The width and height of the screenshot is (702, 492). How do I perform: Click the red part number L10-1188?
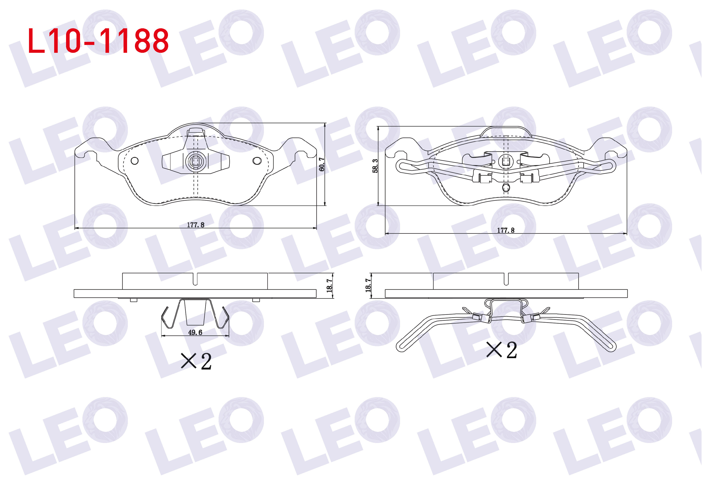tap(98, 41)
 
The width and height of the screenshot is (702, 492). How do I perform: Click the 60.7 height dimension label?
tap(321, 164)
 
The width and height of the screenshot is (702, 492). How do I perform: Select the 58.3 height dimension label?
tap(375, 166)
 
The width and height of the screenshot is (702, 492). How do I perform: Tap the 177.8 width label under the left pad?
tap(196, 225)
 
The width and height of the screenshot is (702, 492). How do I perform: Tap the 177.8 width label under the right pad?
tap(506, 230)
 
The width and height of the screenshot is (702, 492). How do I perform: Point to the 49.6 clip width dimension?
tap(195, 332)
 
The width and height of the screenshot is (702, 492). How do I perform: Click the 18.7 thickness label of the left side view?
tap(329, 285)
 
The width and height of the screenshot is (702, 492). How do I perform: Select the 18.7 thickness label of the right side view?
tap(368, 285)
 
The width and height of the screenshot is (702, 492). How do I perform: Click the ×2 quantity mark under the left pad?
tap(196, 361)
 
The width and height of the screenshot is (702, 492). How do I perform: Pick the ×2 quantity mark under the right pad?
tap(502, 350)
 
